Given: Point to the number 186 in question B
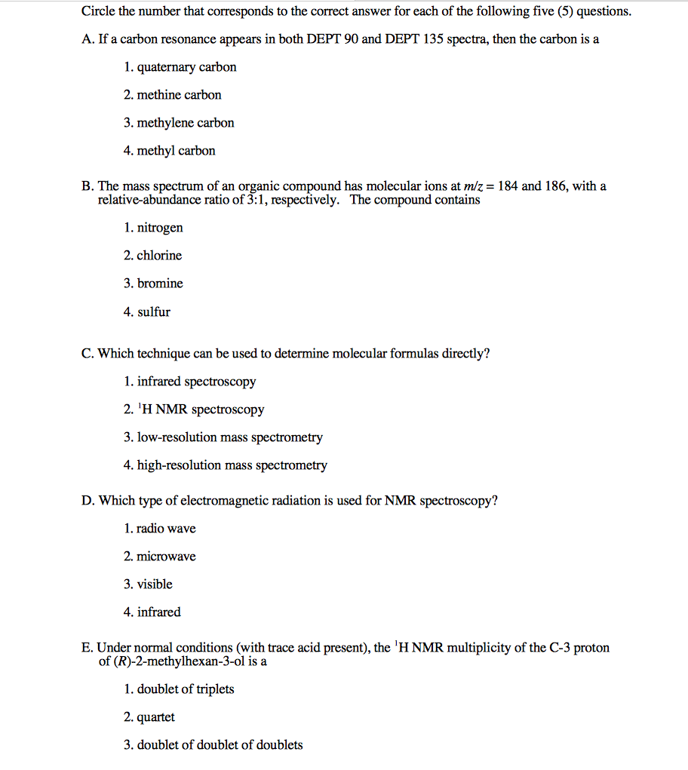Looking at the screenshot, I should coord(555,186).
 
